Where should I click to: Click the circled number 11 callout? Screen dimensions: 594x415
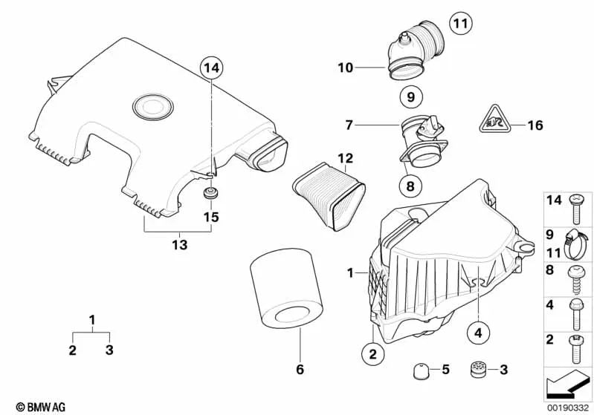coord(461,24)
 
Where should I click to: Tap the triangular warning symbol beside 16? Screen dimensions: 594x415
coord(495,120)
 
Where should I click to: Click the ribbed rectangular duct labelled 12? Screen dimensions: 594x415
coord(329,196)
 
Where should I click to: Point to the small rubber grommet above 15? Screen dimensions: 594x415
coord(210,193)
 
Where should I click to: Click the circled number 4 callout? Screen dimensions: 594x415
coord(478,333)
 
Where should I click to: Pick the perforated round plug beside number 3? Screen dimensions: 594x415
coord(478,370)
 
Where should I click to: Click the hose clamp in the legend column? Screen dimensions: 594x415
coord(575,245)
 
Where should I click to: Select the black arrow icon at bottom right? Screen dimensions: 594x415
coord(567,384)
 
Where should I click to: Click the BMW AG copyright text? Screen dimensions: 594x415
coord(41,407)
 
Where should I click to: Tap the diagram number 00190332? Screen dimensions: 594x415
coord(568,408)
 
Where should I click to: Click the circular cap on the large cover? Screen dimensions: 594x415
coord(153,106)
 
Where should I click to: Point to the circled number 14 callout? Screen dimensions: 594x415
coord(211,68)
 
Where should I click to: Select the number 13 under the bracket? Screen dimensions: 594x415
coord(180,245)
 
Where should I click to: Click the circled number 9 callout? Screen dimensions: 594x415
coord(411,97)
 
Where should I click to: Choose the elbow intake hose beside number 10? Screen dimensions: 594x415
coord(415,50)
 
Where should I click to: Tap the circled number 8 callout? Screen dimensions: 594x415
coord(410,186)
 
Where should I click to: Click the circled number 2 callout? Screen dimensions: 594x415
coord(372,354)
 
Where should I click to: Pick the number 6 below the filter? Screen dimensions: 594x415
coord(300,369)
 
